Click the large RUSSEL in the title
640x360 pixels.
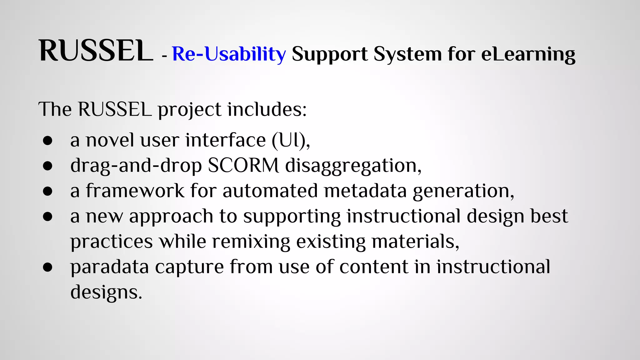pyautogui.click(x=96, y=51)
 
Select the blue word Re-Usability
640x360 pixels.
pyautogui.click(x=229, y=54)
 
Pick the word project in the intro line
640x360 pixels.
pyautogui.click(x=189, y=110)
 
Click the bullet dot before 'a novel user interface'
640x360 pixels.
pyautogui.click(x=48, y=141)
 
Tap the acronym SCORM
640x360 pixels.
pyautogui.click(x=243, y=165)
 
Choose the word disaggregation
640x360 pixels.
pyautogui.click(x=353, y=166)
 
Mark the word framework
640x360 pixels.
pyautogui.click(x=135, y=191)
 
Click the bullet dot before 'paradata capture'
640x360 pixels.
pyautogui.click(x=48, y=267)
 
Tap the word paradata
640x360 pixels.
pyautogui.click(x=109, y=267)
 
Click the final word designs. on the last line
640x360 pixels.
pyautogui.click(x=106, y=292)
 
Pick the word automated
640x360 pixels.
pyautogui.click(x=270, y=191)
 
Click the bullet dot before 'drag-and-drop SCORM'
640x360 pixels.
pyautogui.click(x=48, y=166)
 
